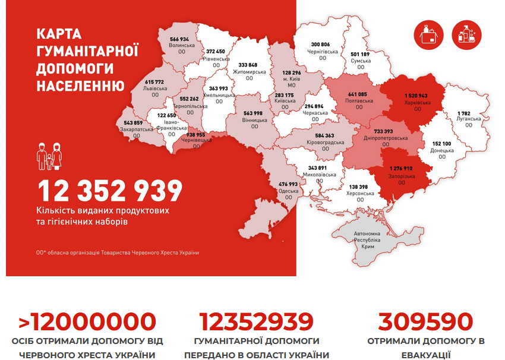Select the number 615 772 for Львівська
[x=154, y=81]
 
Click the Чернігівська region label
[x=324, y=52]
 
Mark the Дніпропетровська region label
[x=386, y=138]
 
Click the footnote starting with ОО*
[x=118, y=252]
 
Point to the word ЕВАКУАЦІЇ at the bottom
[x=425, y=355]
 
